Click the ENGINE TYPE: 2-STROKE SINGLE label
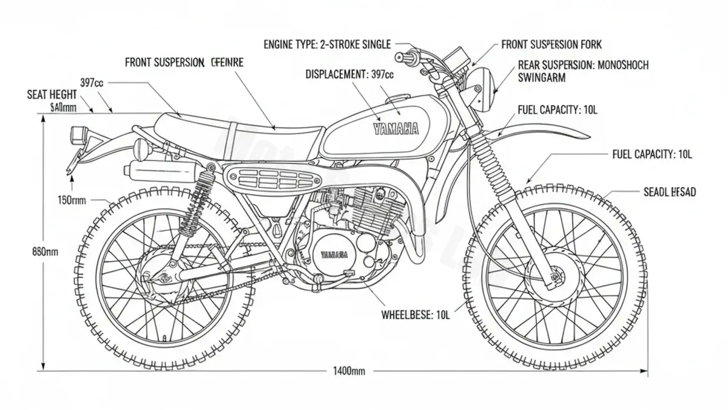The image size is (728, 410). [327, 44]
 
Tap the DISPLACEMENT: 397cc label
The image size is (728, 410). [349, 74]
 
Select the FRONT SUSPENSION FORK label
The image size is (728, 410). [551, 44]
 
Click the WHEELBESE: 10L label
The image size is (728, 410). [416, 315]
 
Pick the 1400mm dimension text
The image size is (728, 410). [349, 371]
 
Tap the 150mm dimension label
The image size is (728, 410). [72, 199]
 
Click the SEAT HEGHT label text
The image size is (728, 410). [52, 95]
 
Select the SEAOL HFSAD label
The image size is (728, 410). [669, 192]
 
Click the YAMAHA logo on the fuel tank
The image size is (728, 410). [396, 128]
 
